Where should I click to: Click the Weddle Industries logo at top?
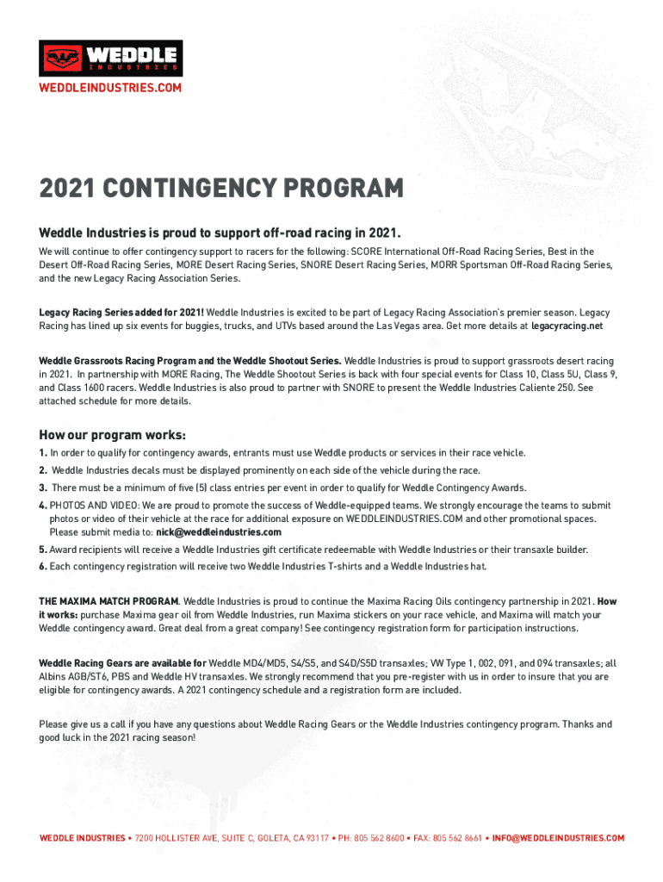[x=110, y=58]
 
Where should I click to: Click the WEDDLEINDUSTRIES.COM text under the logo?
[x=110, y=88]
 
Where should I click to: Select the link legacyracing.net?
[x=567, y=326]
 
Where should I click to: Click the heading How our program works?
[x=113, y=434]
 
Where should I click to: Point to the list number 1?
[x=42, y=452]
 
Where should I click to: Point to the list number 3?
[x=42, y=488]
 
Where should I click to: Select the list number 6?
[x=42, y=566]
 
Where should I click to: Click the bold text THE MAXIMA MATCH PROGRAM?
[x=108, y=600]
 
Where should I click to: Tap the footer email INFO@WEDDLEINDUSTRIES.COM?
[x=558, y=838]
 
